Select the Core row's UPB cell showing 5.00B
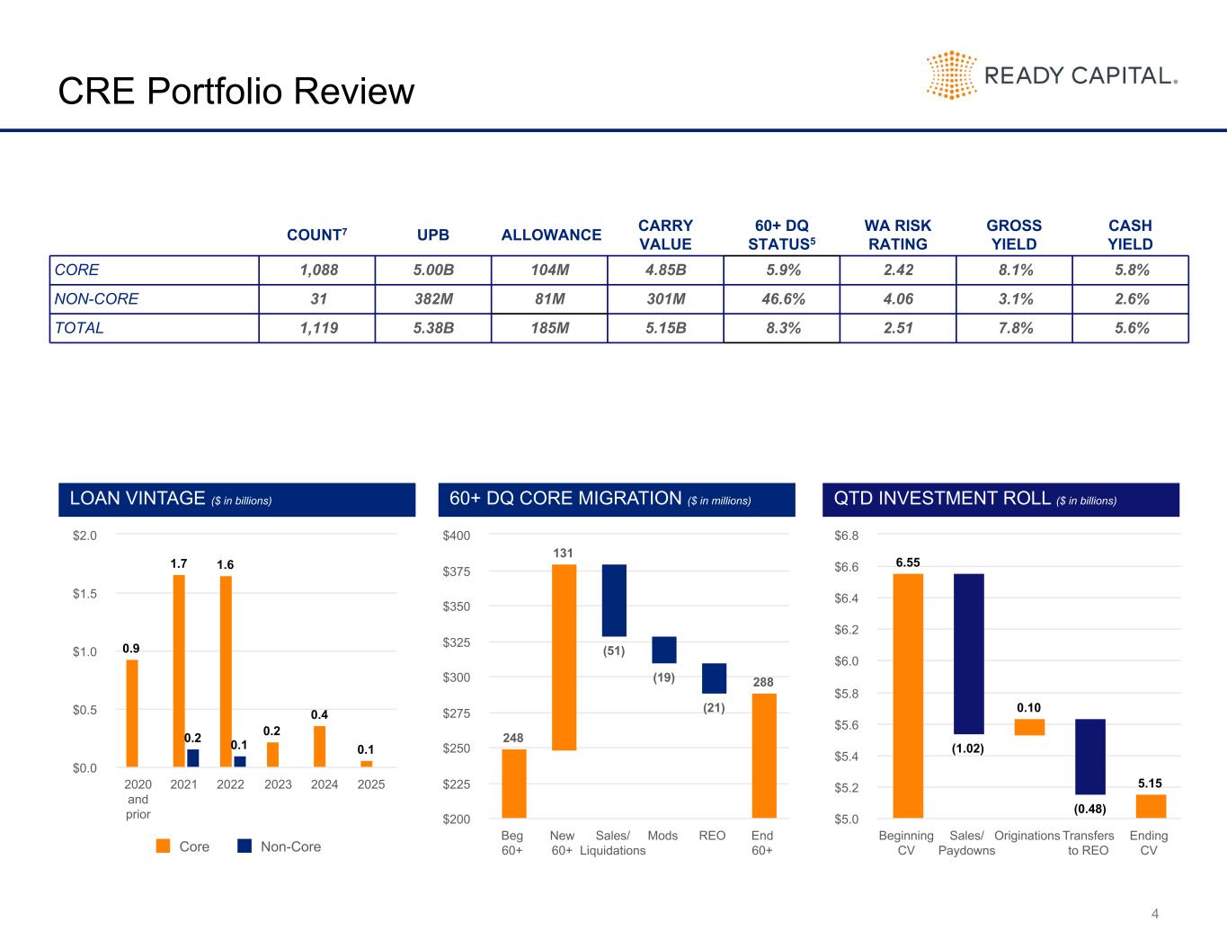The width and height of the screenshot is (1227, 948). point(433,270)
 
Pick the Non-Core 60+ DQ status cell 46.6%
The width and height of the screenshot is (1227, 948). point(781,299)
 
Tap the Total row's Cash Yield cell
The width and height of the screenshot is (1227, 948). point(1130,328)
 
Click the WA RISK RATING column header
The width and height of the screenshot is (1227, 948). point(897,235)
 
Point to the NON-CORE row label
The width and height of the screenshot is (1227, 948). point(97,299)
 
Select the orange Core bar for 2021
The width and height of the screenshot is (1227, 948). point(179,670)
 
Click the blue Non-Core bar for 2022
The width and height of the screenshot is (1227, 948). point(239,761)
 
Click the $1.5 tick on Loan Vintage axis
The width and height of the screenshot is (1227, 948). point(84,593)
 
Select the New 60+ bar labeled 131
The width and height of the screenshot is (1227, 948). point(564,657)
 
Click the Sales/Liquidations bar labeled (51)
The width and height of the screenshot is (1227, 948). point(614,600)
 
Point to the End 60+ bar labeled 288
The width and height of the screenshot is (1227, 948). point(764,755)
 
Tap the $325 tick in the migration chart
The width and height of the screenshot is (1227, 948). point(458,642)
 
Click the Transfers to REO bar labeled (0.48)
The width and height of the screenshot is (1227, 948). point(1089,757)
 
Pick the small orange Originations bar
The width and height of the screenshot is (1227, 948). point(1029,727)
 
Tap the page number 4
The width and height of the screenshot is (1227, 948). point(1155,915)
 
